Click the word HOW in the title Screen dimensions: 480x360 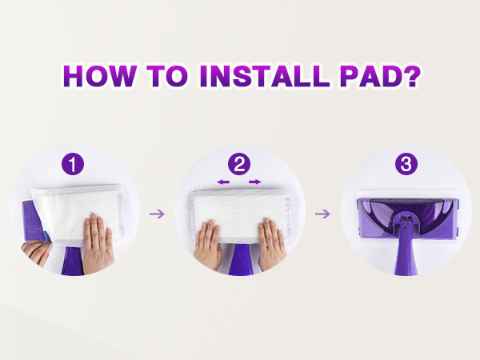point(100,76)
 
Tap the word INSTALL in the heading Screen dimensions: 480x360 point(265,76)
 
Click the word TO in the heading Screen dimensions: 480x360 point(167,76)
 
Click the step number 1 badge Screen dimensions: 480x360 point(73,164)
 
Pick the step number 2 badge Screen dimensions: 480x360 point(239,164)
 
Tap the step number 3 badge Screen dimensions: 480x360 point(406,164)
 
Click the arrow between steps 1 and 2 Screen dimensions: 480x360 point(157,214)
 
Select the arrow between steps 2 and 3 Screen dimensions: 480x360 point(322,214)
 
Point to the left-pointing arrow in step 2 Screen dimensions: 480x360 point(223,182)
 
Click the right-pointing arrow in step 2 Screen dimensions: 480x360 point(255,182)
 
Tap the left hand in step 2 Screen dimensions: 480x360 point(207,244)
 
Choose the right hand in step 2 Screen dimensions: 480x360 point(272,244)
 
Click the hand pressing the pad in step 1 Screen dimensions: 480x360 point(98,244)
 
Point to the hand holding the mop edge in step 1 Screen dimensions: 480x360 point(35,253)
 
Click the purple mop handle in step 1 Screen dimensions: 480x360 point(73,261)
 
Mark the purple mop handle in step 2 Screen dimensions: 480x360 point(240,259)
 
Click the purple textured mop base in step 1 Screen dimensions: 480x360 point(33,221)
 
